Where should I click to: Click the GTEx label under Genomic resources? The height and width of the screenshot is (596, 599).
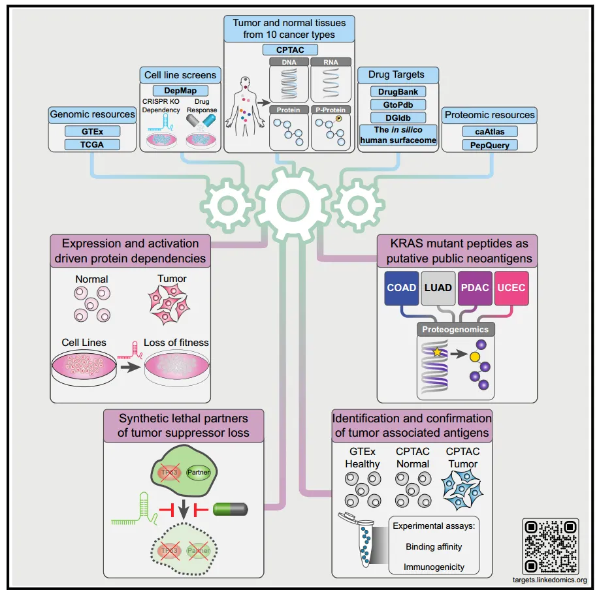tap(93, 131)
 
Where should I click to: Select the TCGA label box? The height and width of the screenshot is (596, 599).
tap(93, 144)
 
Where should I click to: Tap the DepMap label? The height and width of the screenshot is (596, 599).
tap(180, 91)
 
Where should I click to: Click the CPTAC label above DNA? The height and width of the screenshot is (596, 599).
tap(289, 50)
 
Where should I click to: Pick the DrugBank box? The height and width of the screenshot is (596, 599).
tap(398, 92)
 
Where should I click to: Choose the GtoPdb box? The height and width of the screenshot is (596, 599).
tap(398, 104)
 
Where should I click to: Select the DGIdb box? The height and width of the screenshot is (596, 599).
tap(398, 118)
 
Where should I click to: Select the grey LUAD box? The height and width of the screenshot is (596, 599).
tap(437, 288)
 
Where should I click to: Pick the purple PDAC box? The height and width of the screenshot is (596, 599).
tap(475, 288)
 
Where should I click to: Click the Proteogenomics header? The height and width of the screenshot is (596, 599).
tap(456, 330)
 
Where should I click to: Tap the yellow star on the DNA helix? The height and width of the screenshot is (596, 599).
tap(436, 352)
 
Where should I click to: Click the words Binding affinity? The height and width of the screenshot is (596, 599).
tap(434, 547)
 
